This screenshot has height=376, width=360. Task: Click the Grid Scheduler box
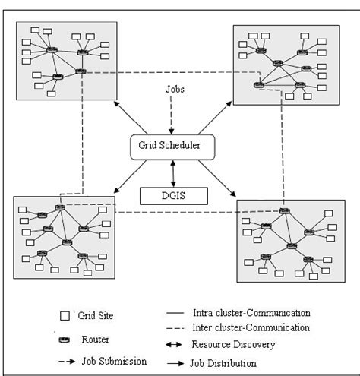175,145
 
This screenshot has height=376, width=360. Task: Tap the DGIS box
175,195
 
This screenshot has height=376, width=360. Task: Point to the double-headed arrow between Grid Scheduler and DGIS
175,172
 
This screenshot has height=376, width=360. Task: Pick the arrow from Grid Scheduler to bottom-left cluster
128,175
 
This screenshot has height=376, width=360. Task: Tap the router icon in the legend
64,339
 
